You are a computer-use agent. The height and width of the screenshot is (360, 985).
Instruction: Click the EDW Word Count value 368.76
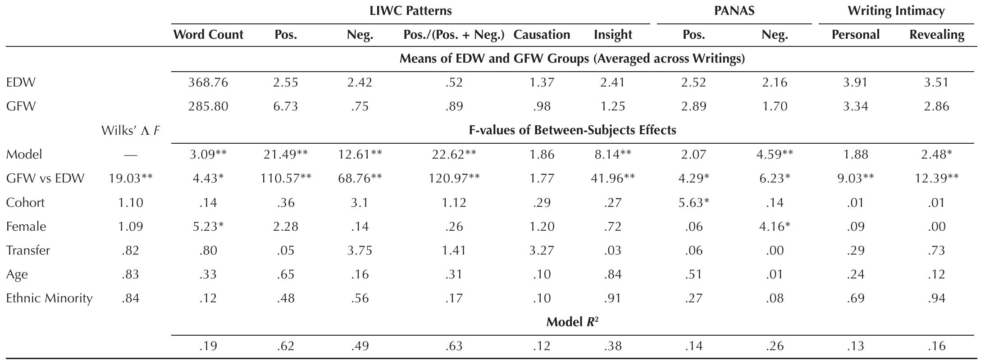(x=208, y=83)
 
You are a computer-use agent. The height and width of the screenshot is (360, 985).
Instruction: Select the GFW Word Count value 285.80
(x=208, y=107)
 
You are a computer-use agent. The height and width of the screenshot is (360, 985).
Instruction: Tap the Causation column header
(x=541, y=35)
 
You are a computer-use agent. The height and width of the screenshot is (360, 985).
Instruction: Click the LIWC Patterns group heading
(x=410, y=11)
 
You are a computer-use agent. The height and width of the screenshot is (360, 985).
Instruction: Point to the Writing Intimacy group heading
(x=896, y=11)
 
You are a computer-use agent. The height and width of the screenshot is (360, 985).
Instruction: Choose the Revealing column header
(x=936, y=35)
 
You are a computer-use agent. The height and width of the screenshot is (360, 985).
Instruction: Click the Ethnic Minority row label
(x=49, y=298)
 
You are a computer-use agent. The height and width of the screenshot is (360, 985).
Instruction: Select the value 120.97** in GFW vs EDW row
(x=454, y=178)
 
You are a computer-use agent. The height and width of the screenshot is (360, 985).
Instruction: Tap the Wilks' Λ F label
(x=130, y=131)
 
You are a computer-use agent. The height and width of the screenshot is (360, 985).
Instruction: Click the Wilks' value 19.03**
(x=130, y=178)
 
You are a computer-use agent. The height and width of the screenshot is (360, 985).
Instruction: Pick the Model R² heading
(x=572, y=322)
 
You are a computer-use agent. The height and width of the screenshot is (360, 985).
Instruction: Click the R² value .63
(x=454, y=346)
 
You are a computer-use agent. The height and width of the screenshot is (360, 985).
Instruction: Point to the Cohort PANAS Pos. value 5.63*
(x=693, y=203)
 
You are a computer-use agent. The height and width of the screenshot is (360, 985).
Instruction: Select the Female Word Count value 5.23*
(x=208, y=227)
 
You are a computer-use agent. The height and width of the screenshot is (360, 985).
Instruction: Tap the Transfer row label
(x=28, y=251)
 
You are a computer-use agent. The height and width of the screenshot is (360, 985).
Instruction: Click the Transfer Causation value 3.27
(x=541, y=251)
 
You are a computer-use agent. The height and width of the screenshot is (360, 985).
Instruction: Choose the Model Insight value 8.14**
(x=613, y=155)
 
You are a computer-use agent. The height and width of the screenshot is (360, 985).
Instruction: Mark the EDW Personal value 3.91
(x=855, y=83)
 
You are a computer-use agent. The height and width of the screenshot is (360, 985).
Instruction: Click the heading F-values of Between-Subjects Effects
(x=572, y=131)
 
